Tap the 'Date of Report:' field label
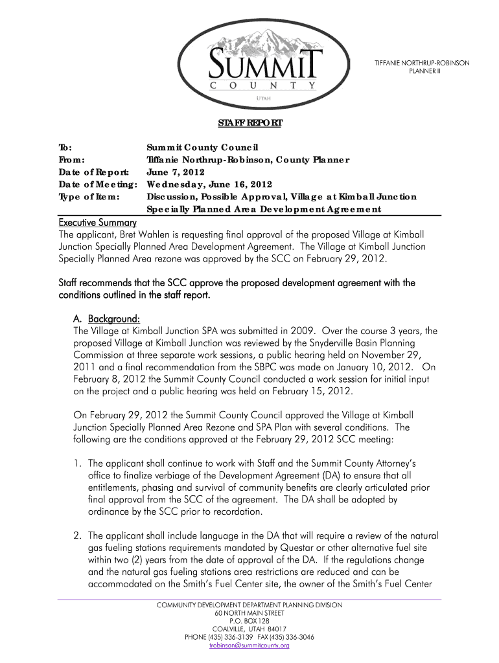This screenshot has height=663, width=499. (94, 172)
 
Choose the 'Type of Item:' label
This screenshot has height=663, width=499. (90, 196)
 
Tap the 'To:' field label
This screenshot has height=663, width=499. (65, 148)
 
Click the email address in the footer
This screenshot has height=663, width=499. (249, 646)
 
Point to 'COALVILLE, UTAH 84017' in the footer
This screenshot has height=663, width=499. (249, 629)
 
